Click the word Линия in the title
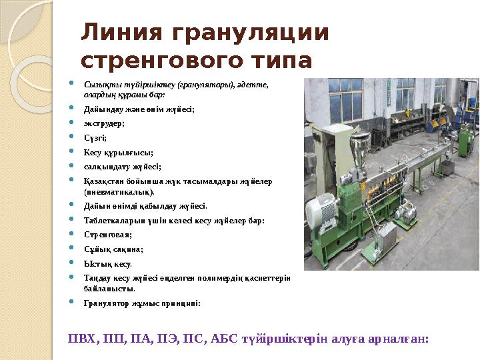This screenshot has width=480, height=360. click(x=121, y=32)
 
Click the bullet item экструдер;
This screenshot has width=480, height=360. click(x=104, y=124)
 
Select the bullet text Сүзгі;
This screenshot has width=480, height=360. click(x=95, y=138)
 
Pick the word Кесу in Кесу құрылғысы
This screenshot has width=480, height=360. click(x=92, y=153)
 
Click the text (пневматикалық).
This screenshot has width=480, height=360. click(x=119, y=192)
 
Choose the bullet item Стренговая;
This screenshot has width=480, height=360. click(x=108, y=235)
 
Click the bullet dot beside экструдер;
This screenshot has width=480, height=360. click(x=71, y=122)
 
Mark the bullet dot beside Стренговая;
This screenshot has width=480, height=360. click(x=71, y=233)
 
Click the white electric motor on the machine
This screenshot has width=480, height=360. click(x=321, y=210)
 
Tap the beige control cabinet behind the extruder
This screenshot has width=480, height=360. click(x=334, y=153)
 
